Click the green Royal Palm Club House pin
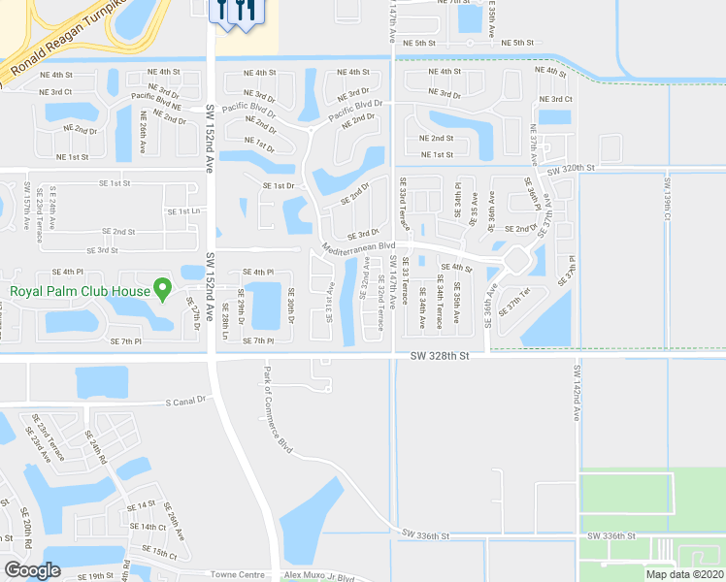(x=163, y=289)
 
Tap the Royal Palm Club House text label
(x=81, y=290)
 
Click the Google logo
(x=31, y=570)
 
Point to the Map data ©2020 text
(x=684, y=573)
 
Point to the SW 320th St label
(x=570, y=169)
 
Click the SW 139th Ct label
(x=667, y=198)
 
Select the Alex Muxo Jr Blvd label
(x=320, y=575)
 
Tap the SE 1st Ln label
(x=182, y=210)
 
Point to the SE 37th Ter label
(x=514, y=303)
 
